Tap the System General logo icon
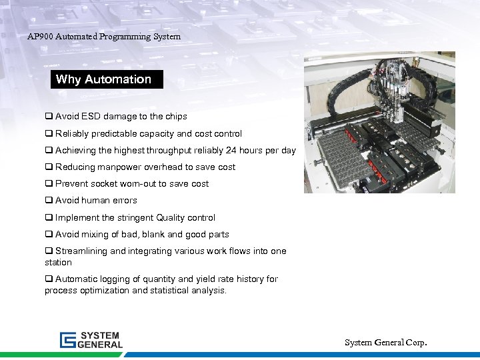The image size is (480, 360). coord(67,340)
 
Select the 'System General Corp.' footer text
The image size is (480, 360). coord(385,343)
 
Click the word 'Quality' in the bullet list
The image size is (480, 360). coord(173,218)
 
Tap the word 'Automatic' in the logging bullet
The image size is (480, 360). coord(77,279)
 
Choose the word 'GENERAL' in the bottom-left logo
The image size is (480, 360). coord(101,345)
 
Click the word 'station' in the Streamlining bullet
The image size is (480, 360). coord(58,263)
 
